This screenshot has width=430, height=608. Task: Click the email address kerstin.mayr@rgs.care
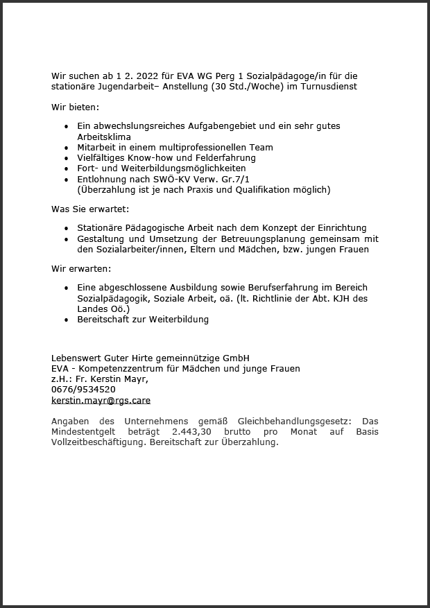click(x=101, y=400)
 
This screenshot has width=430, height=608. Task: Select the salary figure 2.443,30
click(x=189, y=432)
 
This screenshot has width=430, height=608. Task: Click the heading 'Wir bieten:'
click(x=75, y=107)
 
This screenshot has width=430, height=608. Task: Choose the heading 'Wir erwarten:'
click(x=80, y=268)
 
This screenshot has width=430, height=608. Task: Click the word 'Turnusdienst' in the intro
click(x=329, y=87)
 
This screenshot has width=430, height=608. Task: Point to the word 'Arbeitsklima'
click(x=104, y=137)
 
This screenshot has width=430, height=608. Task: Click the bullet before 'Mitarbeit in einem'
click(x=66, y=148)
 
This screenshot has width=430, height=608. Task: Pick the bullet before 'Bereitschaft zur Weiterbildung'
click(x=66, y=320)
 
